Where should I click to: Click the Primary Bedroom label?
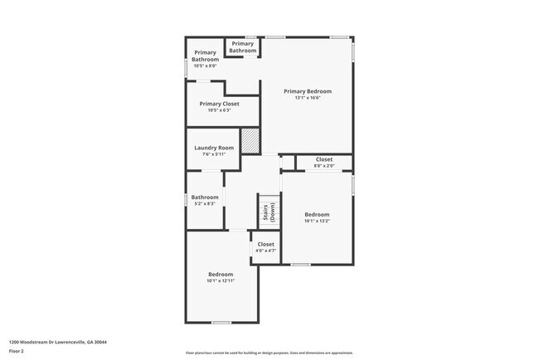click(308, 91)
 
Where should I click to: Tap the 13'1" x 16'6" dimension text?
click(308, 98)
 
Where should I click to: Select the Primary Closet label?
click(219, 104)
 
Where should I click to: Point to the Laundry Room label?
click(214, 148)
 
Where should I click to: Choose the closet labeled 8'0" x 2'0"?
click(323, 162)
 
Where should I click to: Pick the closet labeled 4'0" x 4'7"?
click(265, 247)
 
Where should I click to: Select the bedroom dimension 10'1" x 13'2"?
click(317, 221)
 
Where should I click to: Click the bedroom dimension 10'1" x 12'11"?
click(221, 280)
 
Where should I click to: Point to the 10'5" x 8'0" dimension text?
click(205, 66)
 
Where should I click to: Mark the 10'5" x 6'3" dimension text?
click(219, 110)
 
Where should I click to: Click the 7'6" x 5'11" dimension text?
click(214, 154)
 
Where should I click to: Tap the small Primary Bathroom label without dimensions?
click(243, 47)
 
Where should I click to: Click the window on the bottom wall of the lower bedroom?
click(221, 323)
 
